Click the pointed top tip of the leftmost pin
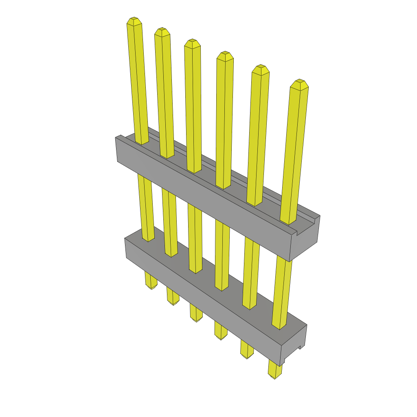(134, 20)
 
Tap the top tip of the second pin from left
(162, 30)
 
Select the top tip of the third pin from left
(192, 42)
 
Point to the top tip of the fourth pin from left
(224, 54)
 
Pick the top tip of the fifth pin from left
(260, 67)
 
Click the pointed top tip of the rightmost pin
(300, 82)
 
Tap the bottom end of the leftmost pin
(151, 287)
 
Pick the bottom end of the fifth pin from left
(247, 356)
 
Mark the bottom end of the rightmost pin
(275, 377)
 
